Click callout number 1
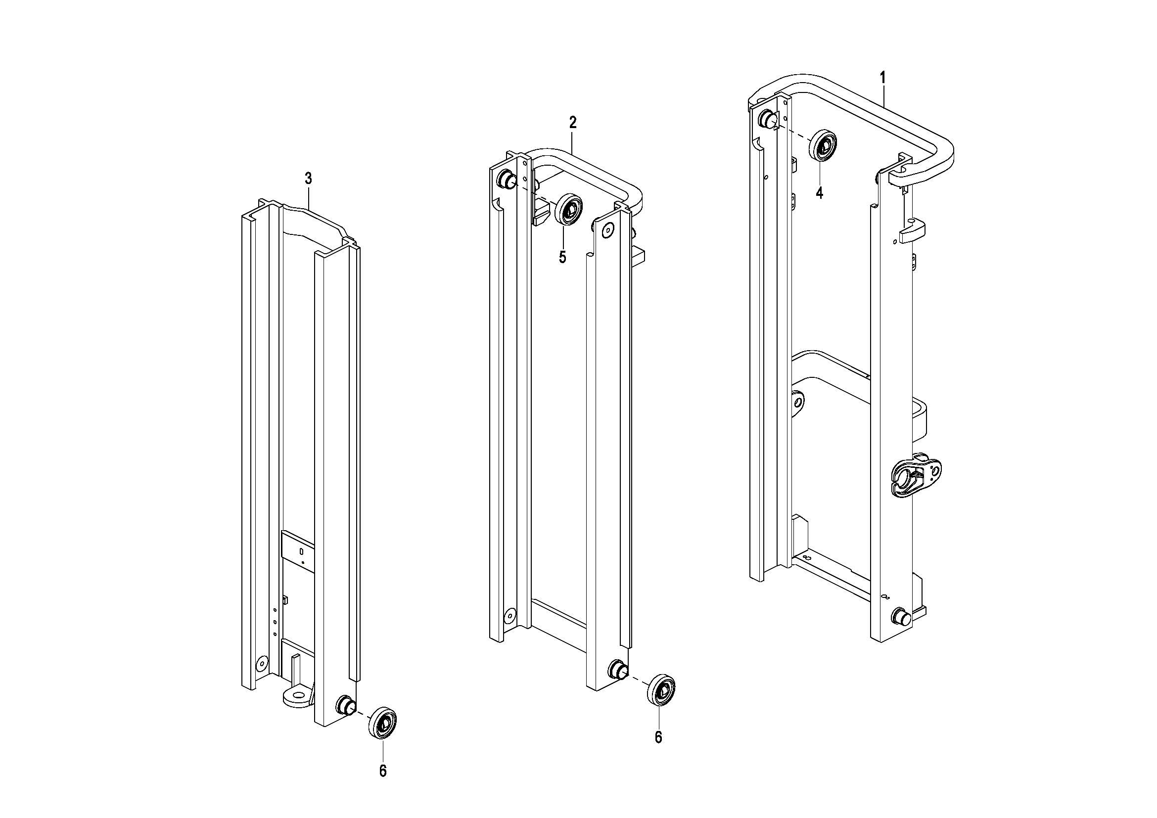pos(882,78)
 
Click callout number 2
pos(572,122)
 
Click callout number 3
pos(308,179)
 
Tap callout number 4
pos(820,192)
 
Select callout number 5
pos(562,257)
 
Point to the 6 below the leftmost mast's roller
pos(383,785)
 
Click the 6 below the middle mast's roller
pos(658,737)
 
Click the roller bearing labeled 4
pos(823,145)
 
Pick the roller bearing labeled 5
pos(568,209)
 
